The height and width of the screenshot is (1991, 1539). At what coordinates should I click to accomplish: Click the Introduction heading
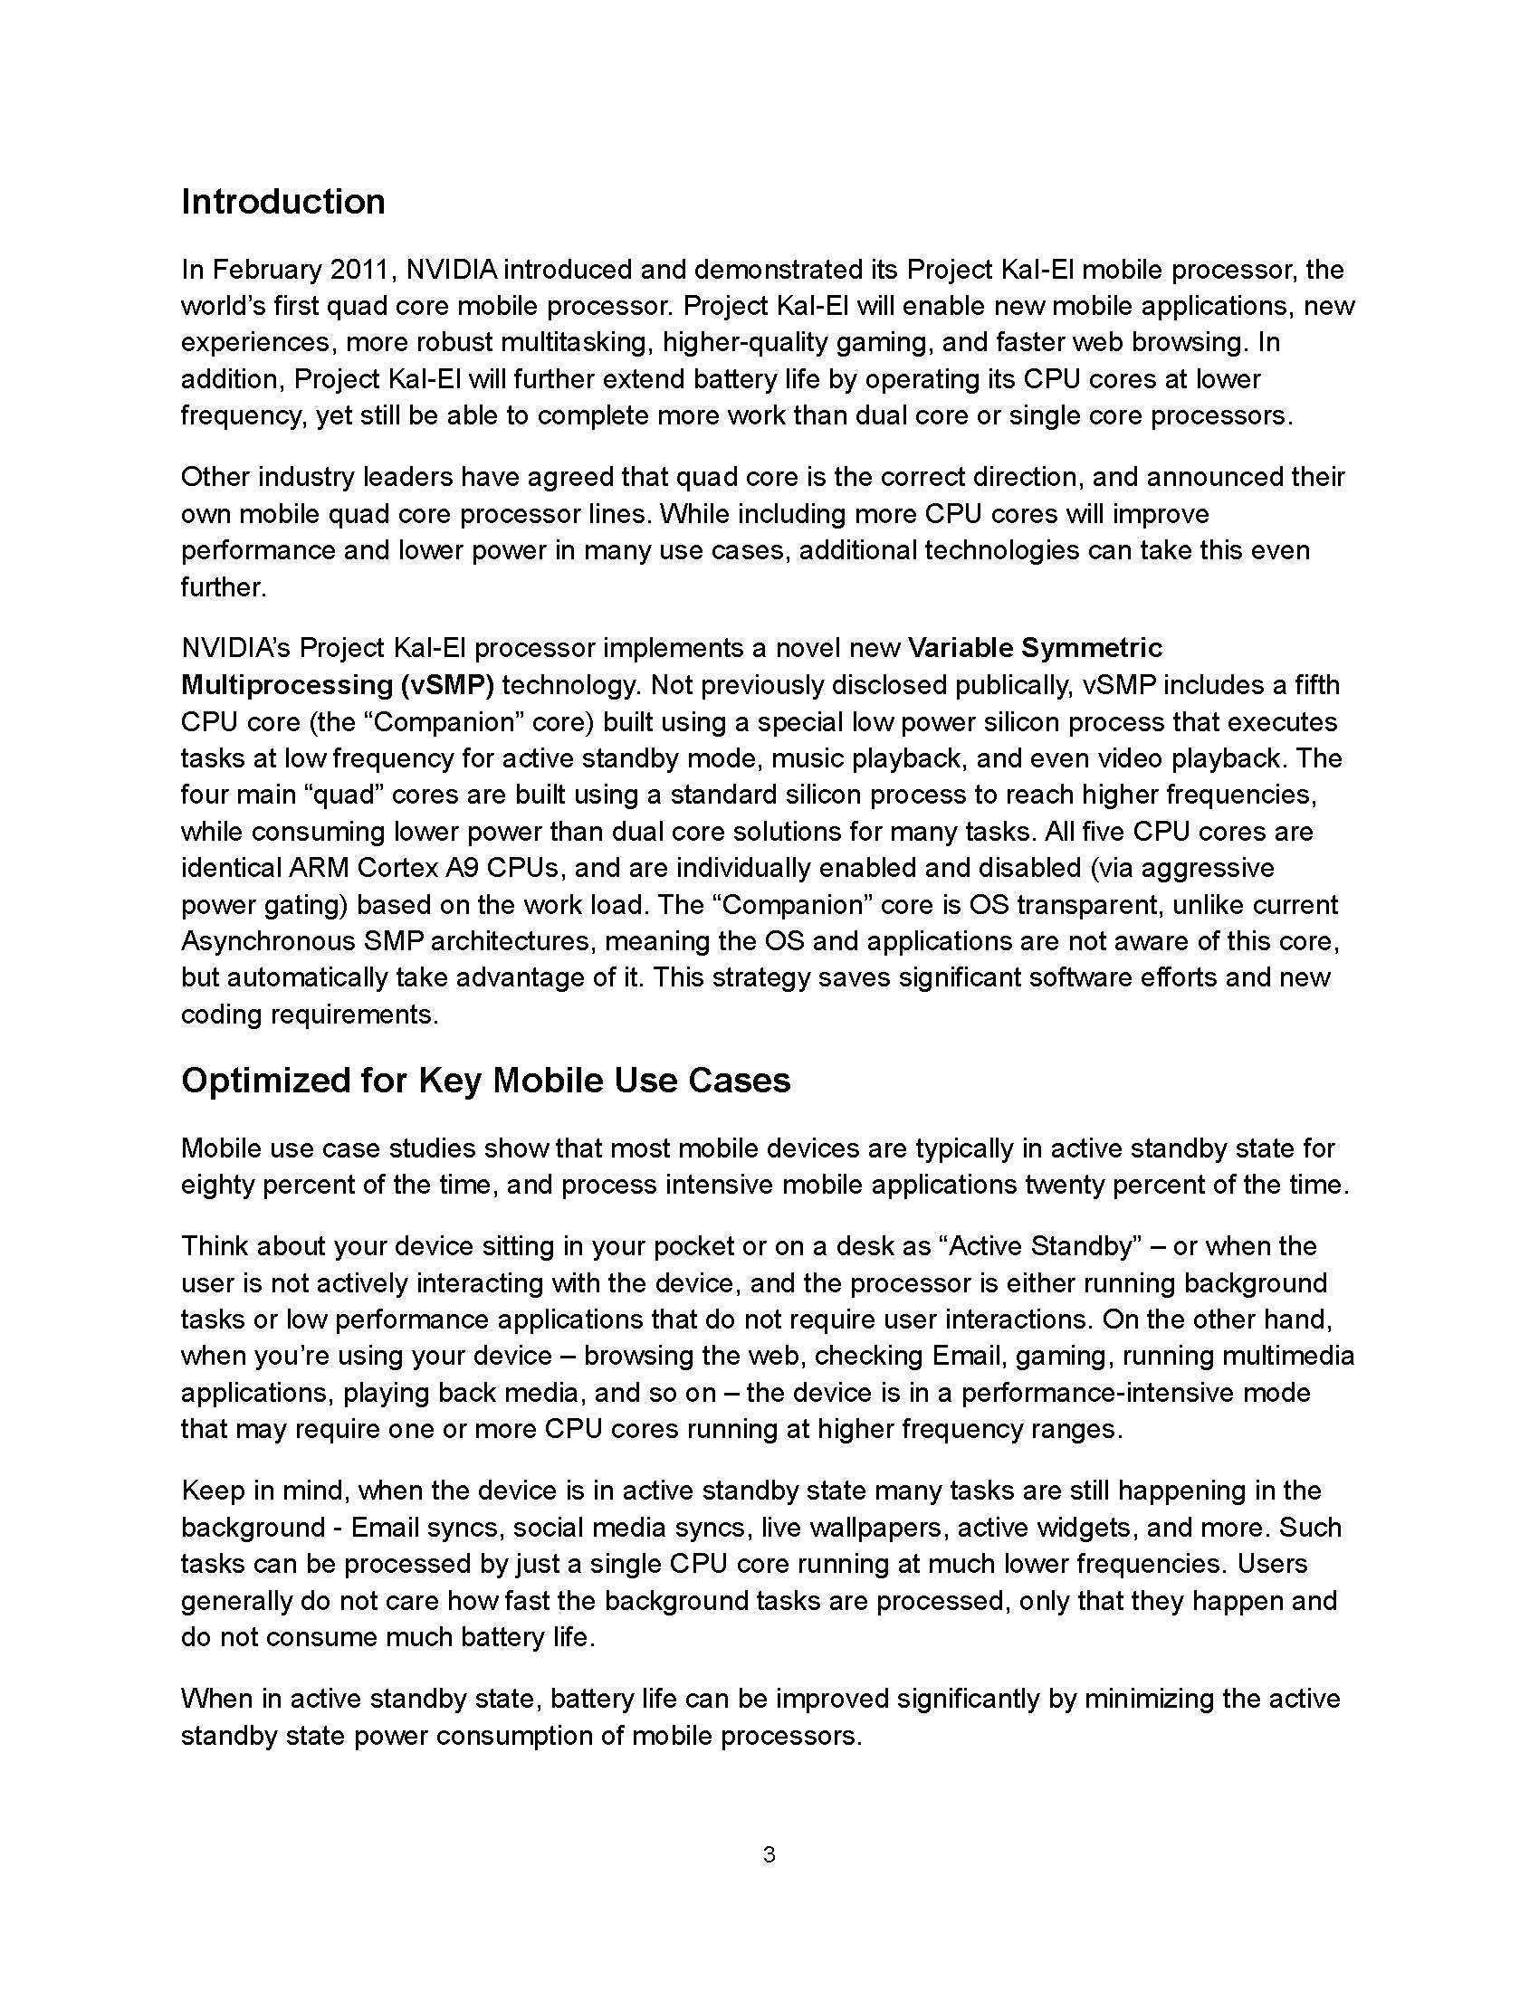coord(282,202)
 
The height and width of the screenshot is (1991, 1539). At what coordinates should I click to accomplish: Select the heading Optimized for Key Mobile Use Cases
coord(485,1081)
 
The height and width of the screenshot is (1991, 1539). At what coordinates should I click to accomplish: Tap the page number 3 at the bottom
coord(769,1854)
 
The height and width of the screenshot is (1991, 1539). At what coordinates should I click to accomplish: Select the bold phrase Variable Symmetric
coord(1036,648)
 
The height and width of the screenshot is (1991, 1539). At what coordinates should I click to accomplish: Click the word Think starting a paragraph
coord(213,1246)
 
